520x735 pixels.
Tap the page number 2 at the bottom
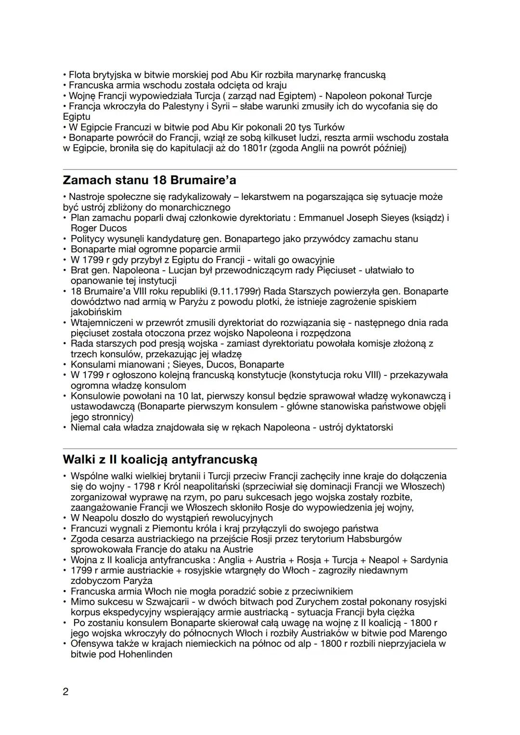tap(66, 692)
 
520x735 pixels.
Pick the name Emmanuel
tap(322, 218)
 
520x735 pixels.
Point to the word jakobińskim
tap(96, 312)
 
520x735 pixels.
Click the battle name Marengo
tap(426, 633)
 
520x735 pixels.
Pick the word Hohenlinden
tap(145, 654)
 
